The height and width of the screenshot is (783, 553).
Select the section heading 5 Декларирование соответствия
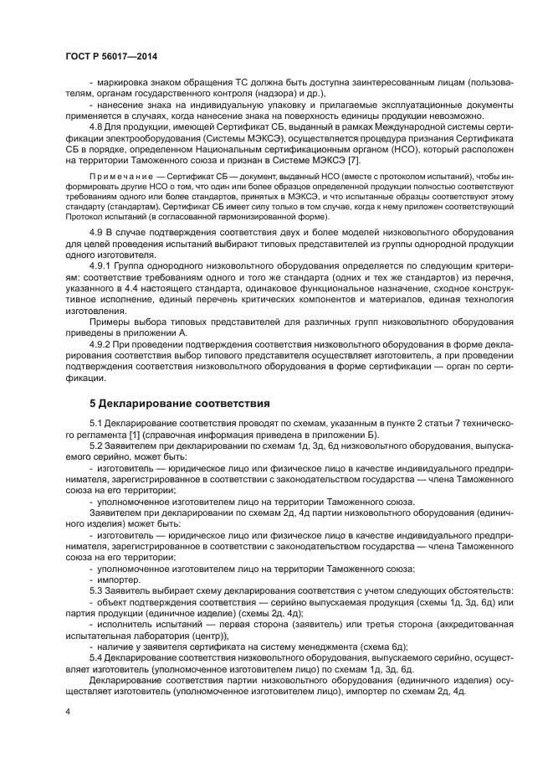pos(176,402)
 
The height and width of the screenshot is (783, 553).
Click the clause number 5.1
pos(97,425)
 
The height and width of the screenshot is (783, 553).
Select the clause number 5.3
pos(97,590)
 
